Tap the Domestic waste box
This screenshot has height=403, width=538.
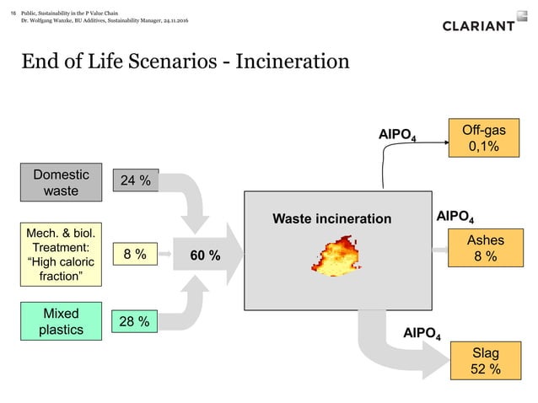click(60, 182)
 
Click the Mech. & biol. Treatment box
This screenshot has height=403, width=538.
click(60, 254)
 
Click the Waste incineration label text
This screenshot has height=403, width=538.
click(331, 219)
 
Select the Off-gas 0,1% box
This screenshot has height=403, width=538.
click(483, 137)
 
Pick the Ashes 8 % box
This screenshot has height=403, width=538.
click(483, 249)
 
